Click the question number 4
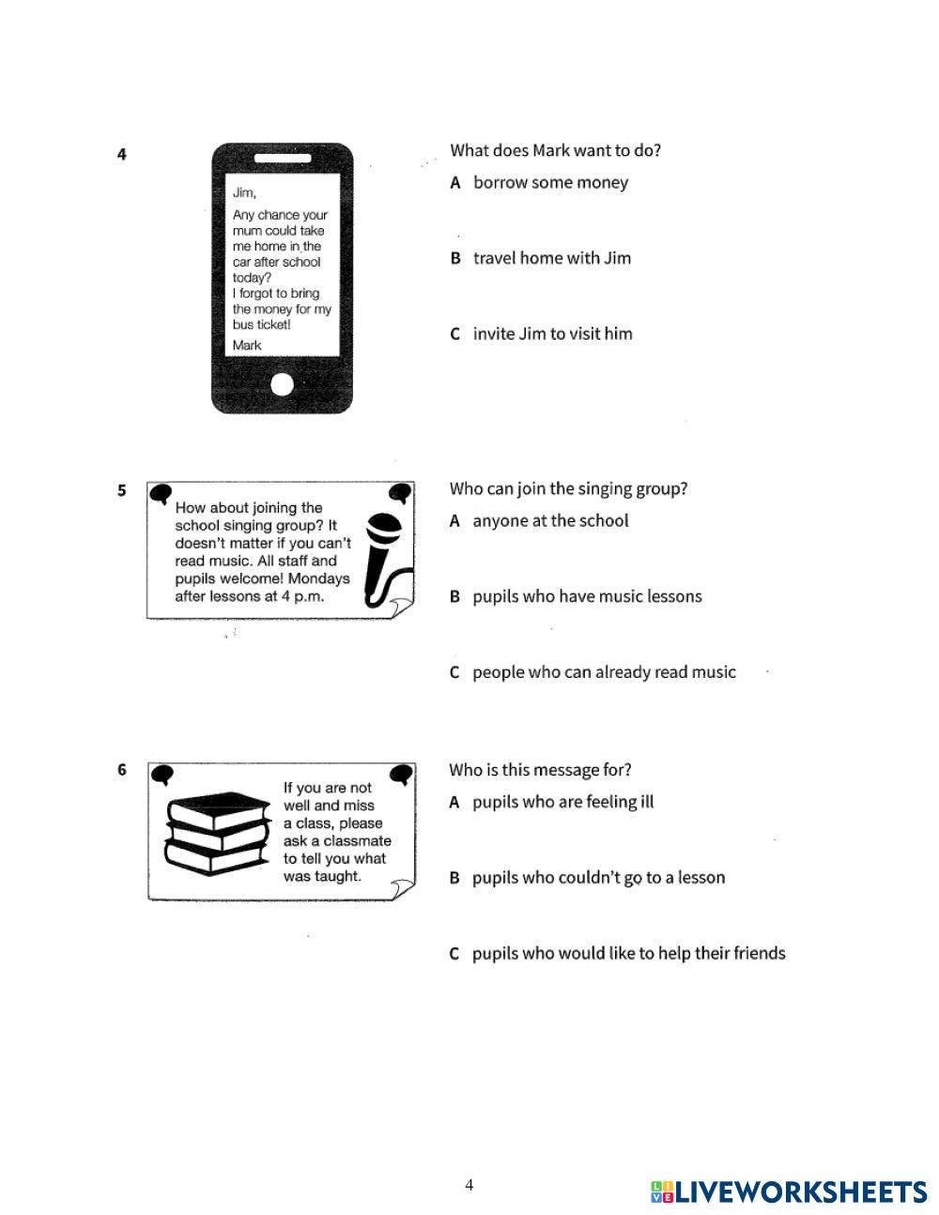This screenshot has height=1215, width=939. tap(122, 154)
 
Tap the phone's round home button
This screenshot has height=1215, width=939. tap(282, 383)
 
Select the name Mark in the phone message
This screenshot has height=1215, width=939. tap(247, 345)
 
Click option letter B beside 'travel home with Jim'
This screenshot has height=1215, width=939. tap(455, 258)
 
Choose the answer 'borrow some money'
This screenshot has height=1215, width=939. tap(550, 182)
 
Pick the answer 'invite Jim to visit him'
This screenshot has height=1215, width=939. tap(552, 333)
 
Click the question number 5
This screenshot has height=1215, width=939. tap(122, 490)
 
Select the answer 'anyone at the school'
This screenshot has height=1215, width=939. tap(550, 520)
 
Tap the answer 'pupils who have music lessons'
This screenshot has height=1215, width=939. tap(587, 596)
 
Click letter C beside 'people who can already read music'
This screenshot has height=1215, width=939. tap(454, 672)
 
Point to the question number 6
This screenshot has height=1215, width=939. tap(122, 770)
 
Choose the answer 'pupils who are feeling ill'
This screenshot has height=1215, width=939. tap(562, 802)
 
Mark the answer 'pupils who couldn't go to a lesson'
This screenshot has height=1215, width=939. tap(598, 878)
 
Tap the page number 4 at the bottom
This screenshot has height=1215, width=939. tap(469, 1185)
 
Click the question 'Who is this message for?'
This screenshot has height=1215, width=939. tap(540, 770)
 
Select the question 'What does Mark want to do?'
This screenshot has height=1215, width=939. tap(555, 150)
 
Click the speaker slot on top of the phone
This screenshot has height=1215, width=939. tap(282, 158)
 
